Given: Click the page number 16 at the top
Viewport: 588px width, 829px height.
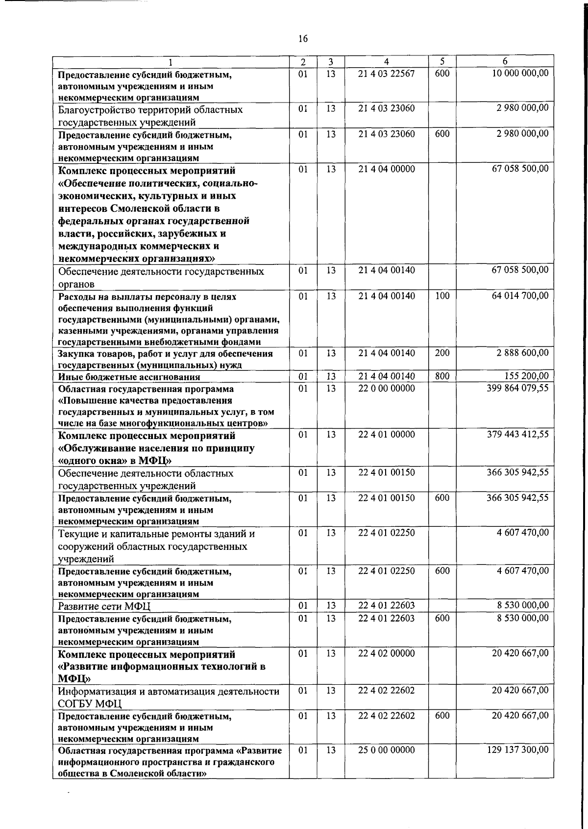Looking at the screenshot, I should tap(303, 39).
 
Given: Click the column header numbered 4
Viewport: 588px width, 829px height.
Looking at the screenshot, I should tap(387, 62).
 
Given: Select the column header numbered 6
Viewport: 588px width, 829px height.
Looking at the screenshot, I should tap(505, 61).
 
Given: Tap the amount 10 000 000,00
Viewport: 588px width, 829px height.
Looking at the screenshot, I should tap(520, 73).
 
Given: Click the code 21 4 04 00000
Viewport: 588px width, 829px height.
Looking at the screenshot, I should tap(386, 169).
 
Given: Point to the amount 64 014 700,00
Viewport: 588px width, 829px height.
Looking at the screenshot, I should tap(520, 296).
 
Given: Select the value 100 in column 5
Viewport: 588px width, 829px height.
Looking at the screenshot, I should tap(442, 296).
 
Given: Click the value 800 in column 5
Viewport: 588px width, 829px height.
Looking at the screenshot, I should tap(442, 376).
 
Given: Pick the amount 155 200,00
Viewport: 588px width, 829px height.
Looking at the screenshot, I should tap(526, 376).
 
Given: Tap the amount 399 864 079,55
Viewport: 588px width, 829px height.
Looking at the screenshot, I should tap(517, 388).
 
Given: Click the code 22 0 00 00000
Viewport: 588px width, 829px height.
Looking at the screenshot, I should tap(386, 388).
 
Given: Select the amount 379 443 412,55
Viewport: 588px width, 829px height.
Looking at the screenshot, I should tap(517, 434).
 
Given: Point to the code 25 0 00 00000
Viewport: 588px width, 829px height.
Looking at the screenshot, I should tap(386, 750).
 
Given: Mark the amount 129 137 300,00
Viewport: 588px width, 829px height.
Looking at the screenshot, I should tap(517, 750).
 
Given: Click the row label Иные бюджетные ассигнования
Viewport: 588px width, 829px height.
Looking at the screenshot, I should tap(129, 377).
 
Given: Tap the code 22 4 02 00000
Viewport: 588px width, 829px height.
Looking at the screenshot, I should tap(386, 653).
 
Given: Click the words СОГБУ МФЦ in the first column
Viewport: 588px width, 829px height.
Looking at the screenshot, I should tap(90, 704).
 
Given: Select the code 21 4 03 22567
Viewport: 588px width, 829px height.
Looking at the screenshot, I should tap(386, 73).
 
